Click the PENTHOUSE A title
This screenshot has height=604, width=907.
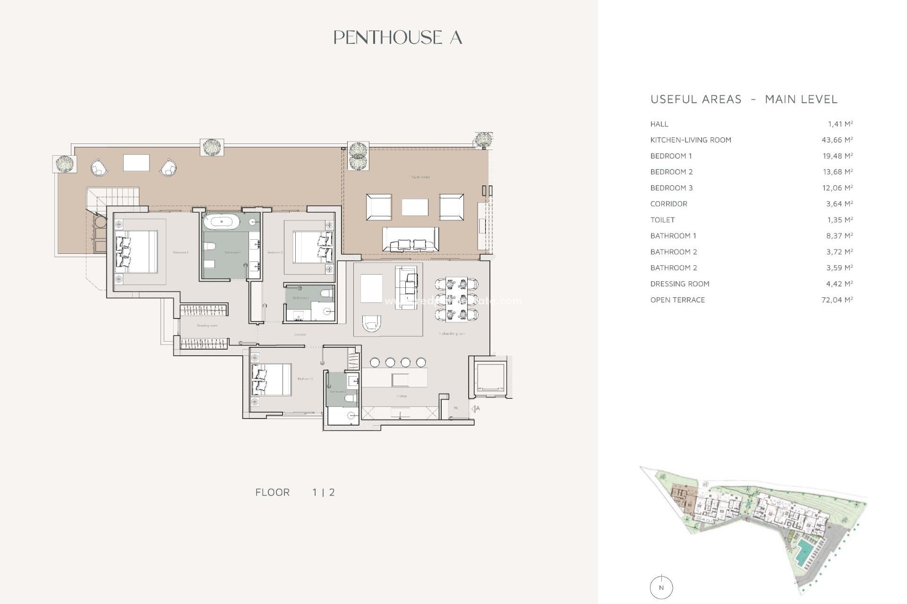point(397,38)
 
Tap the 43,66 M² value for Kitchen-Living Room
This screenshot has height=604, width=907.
point(837,140)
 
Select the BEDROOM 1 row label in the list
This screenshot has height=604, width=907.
point(671,156)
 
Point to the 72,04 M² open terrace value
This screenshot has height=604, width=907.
point(837,300)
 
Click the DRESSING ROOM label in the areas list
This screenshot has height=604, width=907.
point(680,284)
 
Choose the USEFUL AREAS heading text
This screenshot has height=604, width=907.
point(696,99)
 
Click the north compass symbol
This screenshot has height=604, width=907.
point(661,587)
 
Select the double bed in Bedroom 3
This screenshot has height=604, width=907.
point(272,379)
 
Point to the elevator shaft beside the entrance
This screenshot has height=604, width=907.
point(490,377)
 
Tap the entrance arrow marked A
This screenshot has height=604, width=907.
point(475,409)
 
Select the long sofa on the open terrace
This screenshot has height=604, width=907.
point(410,239)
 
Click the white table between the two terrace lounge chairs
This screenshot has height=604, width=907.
point(136,163)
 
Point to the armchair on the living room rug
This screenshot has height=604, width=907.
point(371,324)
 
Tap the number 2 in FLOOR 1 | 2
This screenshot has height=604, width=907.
point(332,492)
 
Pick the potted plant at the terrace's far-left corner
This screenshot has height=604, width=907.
point(64,164)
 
